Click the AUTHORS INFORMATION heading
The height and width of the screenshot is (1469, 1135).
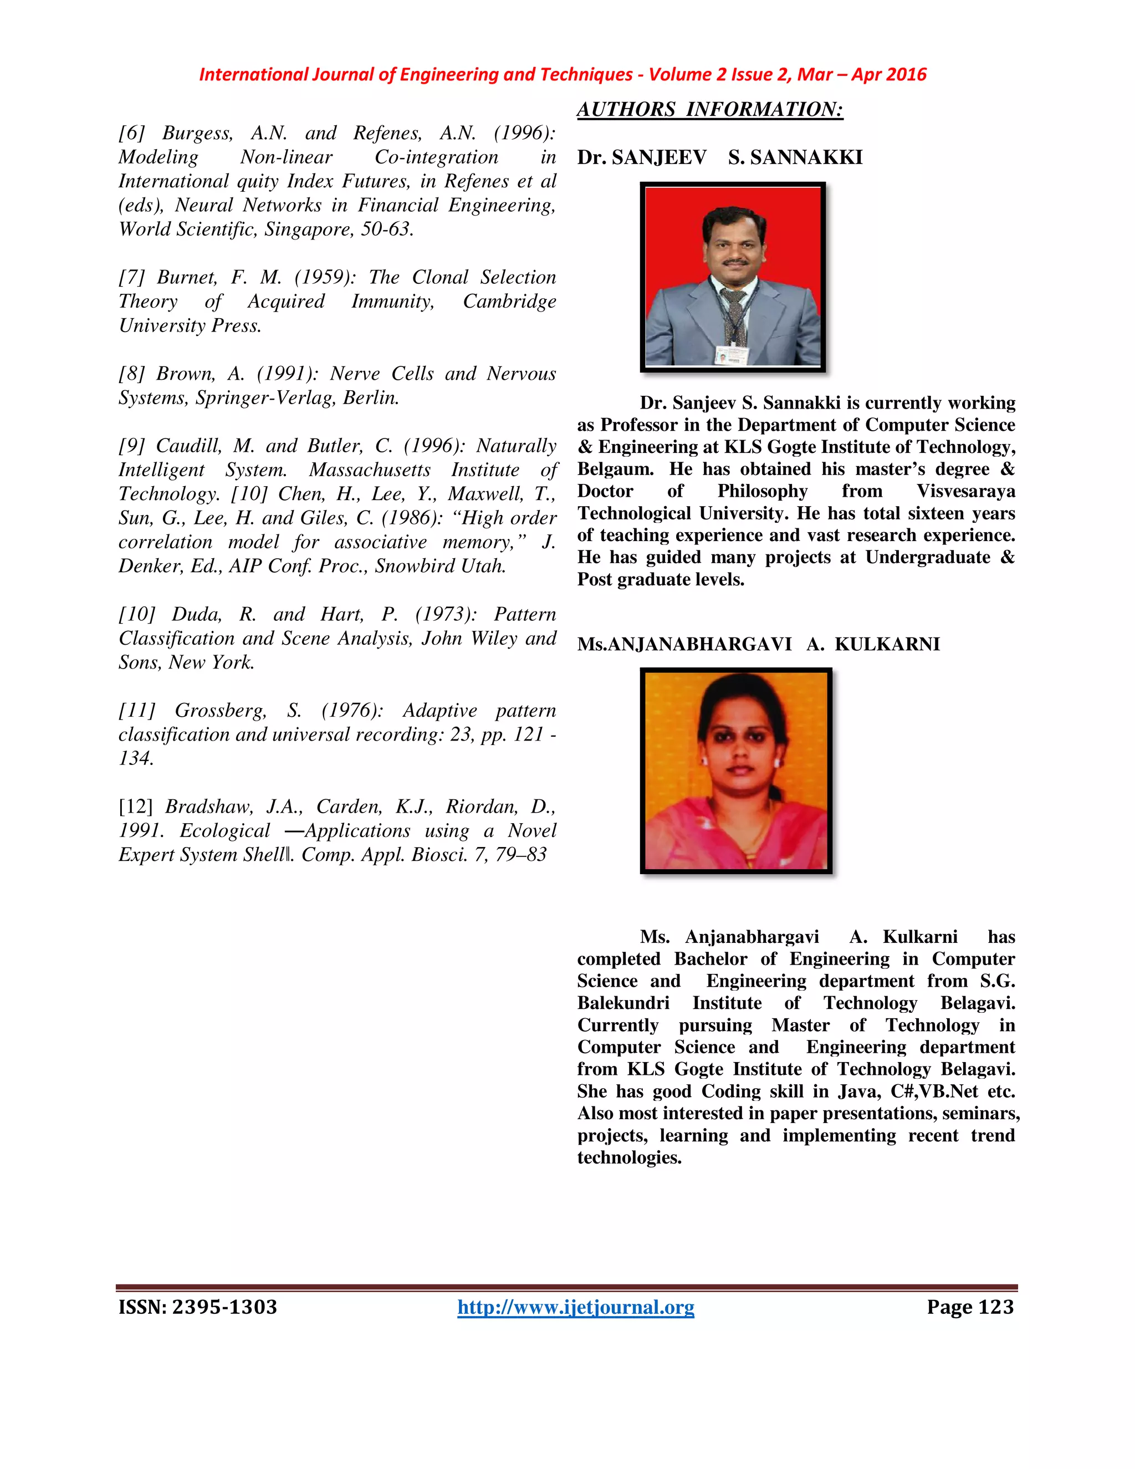709,110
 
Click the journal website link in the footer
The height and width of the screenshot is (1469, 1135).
576,1307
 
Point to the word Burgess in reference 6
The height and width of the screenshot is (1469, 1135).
197,133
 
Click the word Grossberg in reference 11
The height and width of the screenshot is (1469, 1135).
221,710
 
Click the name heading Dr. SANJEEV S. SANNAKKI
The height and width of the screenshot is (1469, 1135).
719,157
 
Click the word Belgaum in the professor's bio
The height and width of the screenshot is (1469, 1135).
614,469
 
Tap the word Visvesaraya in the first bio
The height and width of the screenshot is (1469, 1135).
965,491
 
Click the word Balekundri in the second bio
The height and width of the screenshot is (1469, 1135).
623,1003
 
